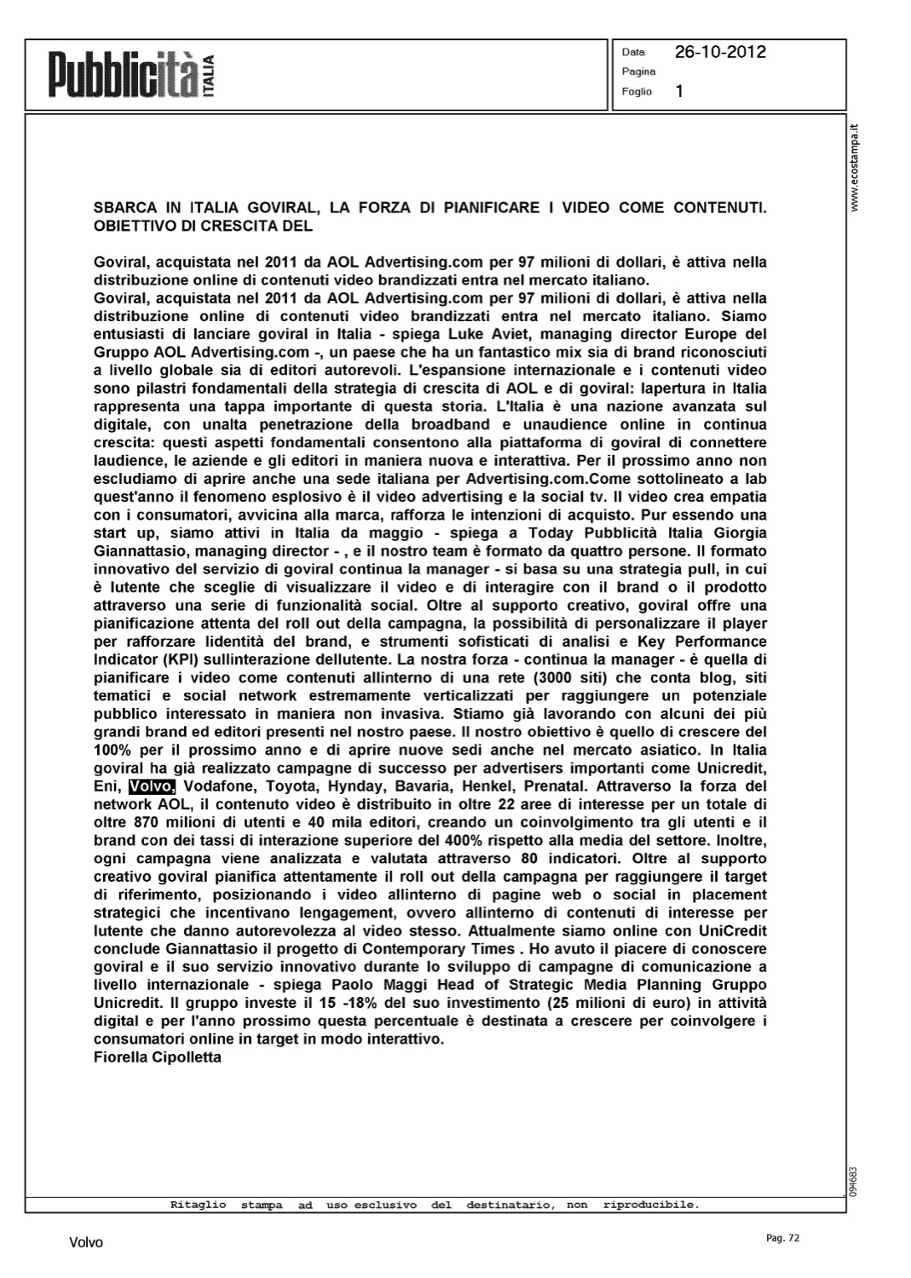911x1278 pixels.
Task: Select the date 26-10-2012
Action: pos(720,52)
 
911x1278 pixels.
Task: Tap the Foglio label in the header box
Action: pos(637,91)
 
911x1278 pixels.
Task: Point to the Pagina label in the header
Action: pos(638,72)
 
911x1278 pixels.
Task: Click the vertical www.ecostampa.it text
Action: pos(856,170)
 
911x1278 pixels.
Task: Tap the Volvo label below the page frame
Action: pos(86,1243)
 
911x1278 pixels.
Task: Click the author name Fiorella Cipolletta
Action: pos(157,1057)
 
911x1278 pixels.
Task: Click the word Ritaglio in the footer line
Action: pos(198,1205)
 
